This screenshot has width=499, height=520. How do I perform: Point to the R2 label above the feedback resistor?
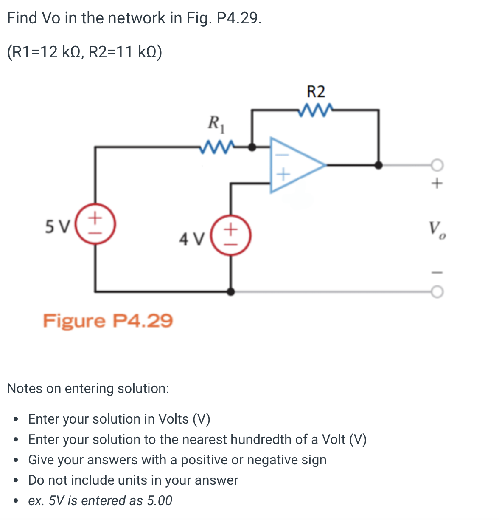coord(316,92)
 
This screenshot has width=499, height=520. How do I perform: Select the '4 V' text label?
coord(192,239)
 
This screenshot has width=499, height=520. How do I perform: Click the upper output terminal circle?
coord(437,165)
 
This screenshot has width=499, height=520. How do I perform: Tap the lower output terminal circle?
coord(437,292)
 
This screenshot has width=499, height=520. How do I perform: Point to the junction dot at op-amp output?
coord(378,165)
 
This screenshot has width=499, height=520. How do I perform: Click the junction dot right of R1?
coord(252,147)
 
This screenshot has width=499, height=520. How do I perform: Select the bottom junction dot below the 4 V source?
coord(230,291)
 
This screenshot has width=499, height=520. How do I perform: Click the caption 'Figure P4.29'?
coord(108,320)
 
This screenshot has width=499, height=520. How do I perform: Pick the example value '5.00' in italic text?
coord(160,500)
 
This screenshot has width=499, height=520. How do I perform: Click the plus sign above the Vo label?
coord(437,184)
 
